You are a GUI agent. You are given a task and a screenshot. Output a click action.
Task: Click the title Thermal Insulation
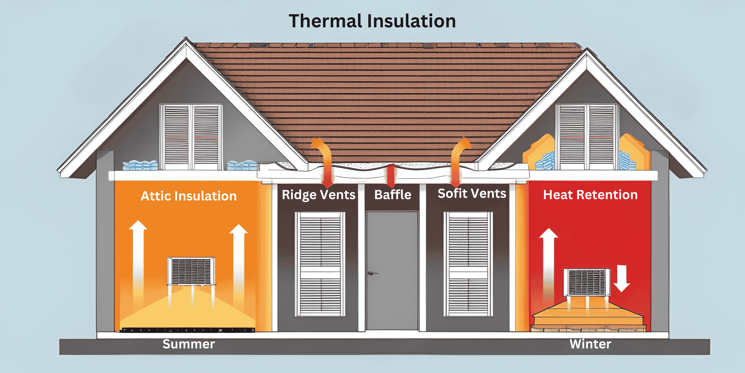[372, 21]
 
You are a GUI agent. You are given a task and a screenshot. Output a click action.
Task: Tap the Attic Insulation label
[189, 196]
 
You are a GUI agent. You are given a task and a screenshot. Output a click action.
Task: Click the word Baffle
[392, 195]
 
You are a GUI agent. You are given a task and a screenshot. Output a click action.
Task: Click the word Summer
[189, 344]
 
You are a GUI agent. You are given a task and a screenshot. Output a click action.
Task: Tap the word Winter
[590, 344]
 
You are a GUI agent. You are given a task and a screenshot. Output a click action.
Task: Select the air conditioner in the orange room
[191, 271]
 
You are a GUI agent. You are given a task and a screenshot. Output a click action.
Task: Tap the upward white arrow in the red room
[548, 261]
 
